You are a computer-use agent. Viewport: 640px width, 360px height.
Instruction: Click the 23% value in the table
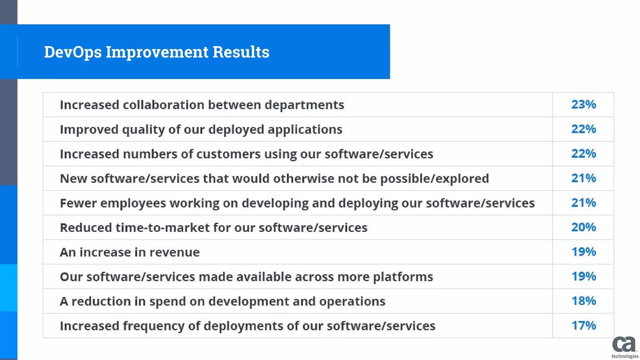[583, 104]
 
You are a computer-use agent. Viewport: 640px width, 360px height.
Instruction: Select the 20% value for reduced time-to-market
[583, 227]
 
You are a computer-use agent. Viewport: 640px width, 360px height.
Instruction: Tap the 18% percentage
[583, 301]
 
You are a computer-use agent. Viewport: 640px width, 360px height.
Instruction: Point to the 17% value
[583, 326]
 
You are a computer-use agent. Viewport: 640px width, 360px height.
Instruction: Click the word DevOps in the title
[72, 52]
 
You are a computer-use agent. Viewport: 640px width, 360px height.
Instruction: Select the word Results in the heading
[241, 52]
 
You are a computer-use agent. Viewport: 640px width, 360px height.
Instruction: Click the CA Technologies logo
[624, 347]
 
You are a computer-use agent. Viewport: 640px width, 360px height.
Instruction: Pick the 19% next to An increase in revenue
[583, 252]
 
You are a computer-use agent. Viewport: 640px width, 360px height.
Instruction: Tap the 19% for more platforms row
[583, 277]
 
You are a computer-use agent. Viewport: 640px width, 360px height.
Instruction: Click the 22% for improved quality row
[583, 129]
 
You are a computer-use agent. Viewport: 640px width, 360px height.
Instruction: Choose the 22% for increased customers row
[583, 154]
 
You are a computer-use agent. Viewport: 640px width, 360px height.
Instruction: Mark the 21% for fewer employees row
[583, 203]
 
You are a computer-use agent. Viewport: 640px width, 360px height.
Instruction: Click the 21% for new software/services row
[583, 178]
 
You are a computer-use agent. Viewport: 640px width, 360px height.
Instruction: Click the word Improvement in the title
[157, 52]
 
